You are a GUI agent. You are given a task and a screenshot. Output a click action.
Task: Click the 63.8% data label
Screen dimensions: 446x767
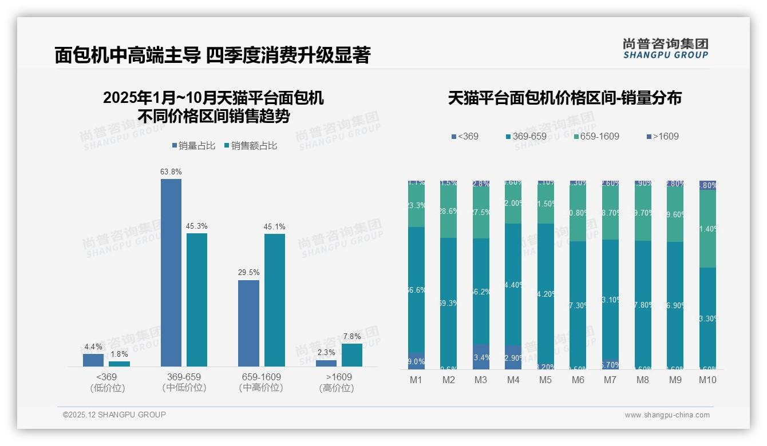[171, 172]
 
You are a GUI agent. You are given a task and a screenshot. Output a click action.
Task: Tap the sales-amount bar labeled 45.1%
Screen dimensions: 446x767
[275, 300]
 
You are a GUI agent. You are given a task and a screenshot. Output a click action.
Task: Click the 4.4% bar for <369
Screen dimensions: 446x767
[93, 360]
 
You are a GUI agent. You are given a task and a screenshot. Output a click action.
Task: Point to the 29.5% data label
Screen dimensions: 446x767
[249, 272]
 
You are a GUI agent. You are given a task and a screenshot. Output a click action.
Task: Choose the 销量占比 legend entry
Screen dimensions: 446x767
[193, 146]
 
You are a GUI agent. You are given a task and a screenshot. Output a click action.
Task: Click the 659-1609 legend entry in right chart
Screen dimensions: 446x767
[595, 137]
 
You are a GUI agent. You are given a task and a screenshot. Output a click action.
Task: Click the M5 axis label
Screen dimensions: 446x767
[545, 380]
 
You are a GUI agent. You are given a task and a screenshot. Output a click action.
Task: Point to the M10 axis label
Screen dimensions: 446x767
[707, 380]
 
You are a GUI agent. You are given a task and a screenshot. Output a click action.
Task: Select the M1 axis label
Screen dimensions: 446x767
[416, 380]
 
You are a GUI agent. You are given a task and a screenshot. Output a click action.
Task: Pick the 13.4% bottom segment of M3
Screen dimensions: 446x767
[481, 357]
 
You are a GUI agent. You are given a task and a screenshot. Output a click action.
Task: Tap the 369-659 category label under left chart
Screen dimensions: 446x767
[184, 382]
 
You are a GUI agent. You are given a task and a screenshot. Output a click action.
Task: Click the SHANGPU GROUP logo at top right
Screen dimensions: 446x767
[666, 49]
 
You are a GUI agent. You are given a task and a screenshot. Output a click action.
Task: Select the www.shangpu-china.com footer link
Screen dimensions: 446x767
[667, 415]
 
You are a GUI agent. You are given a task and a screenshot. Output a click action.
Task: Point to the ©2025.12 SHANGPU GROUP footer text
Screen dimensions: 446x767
[114, 415]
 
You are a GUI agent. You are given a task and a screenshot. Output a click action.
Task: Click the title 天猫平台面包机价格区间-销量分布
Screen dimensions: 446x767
[564, 98]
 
